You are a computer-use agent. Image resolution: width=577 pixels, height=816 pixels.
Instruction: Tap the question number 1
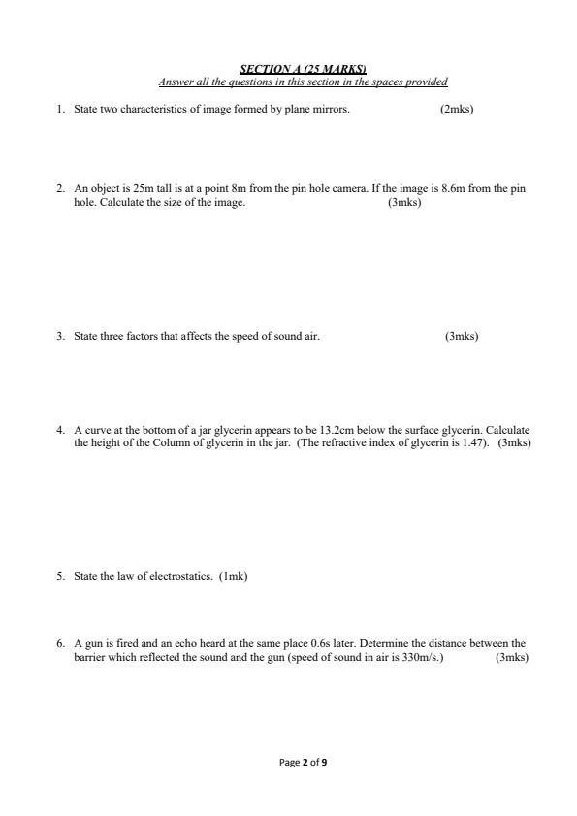click(x=59, y=110)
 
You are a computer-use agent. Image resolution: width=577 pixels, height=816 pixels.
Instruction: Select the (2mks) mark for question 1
click(x=456, y=110)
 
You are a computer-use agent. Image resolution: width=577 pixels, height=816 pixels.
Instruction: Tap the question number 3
click(x=59, y=337)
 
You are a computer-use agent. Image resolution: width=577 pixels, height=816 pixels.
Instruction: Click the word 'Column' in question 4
click(x=169, y=442)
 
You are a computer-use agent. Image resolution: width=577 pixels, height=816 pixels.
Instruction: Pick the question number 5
click(x=59, y=577)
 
